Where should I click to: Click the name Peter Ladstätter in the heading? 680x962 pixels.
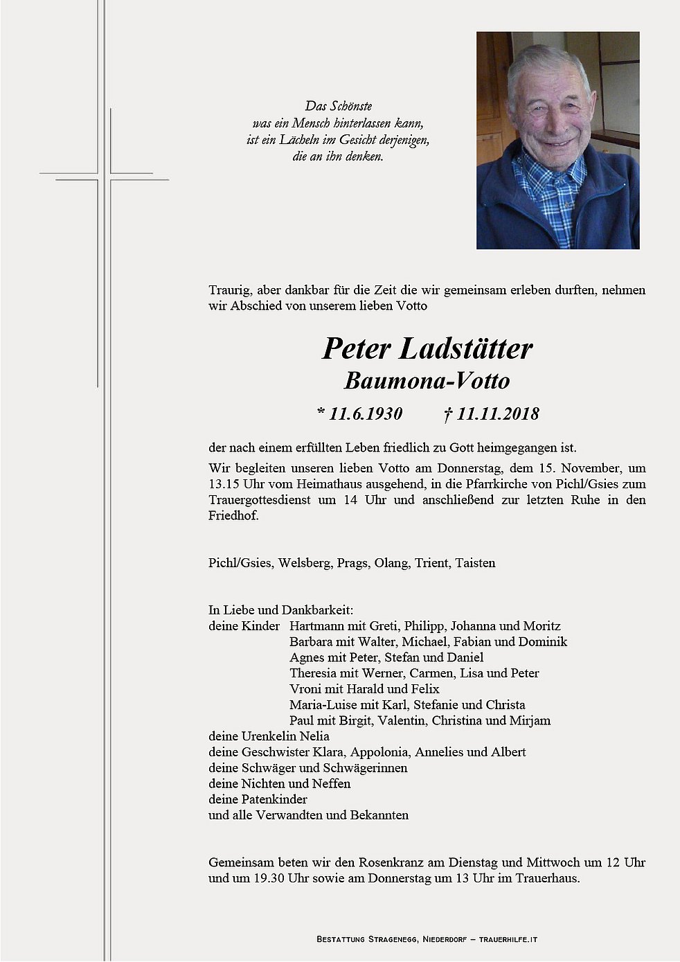point(427,348)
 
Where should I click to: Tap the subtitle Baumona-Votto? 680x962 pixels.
point(427,381)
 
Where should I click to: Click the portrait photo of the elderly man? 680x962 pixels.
point(557,140)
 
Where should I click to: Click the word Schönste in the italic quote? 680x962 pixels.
point(350,106)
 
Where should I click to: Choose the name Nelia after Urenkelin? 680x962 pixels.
point(314,736)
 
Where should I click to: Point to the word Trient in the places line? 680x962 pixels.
point(431,563)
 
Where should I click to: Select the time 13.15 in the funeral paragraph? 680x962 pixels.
point(224,484)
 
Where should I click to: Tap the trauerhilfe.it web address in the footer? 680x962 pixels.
point(508,940)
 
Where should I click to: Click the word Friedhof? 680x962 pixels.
point(233,516)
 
